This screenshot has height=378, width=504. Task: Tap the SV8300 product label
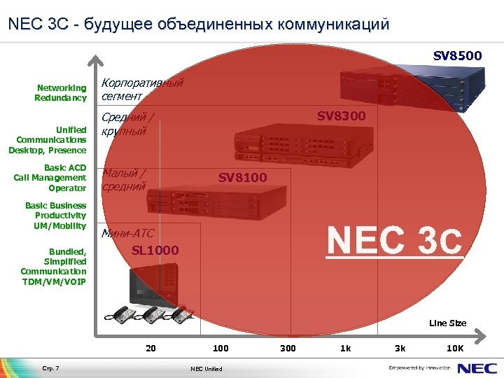coord(341,116)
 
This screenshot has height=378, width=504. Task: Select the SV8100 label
coord(242,178)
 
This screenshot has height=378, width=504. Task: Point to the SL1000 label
coord(155,250)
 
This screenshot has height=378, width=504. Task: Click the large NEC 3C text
coord(395,239)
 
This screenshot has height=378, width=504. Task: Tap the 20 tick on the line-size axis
coord(150,348)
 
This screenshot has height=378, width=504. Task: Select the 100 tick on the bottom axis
coord(220,348)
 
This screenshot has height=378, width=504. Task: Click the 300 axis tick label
coord(288,348)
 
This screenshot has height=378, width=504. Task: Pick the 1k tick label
coord(346,348)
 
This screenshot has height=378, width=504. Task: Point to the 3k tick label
coord(400,348)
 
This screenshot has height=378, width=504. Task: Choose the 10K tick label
coord(455,348)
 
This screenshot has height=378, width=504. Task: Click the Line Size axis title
coord(447,323)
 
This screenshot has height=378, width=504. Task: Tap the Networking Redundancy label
coord(61,93)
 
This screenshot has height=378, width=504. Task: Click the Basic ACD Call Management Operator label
coord(50,178)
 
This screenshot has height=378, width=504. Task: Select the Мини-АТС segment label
coord(127,234)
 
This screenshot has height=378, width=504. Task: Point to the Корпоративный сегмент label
coord(142,89)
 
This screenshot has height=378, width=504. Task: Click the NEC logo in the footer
coord(478,367)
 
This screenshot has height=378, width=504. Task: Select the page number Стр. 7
coord(51,368)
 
